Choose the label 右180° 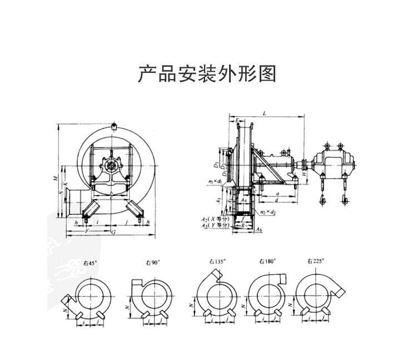click(266, 260)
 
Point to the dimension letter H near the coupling click(304, 174)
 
